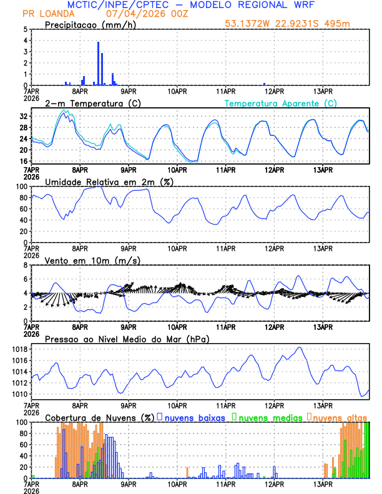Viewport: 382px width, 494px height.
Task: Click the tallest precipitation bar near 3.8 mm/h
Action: [x=98, y=63]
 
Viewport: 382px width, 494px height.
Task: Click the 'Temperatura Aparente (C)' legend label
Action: [x=281, y=103]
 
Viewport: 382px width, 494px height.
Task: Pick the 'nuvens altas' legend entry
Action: [x=340, y=417]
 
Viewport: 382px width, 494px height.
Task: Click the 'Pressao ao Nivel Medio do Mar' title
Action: [x=127, y=339]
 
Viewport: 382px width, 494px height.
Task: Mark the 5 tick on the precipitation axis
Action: [x=26, y=29]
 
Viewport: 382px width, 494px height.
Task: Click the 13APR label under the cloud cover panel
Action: [x=323, y=483]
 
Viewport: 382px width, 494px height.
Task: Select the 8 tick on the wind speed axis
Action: [x=26, y=265]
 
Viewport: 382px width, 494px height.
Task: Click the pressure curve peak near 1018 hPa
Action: [x=300, y=347]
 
